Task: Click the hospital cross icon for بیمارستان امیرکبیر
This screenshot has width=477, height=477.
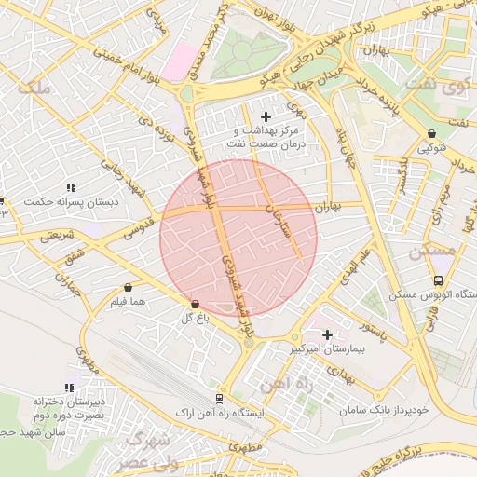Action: [327, 334]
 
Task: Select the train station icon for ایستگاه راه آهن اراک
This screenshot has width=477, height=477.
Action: [220, 398]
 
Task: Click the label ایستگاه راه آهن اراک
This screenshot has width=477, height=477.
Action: [220, 411]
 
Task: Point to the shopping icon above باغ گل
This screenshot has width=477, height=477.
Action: [195, 305]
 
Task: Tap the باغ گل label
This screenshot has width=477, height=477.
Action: [193, 319]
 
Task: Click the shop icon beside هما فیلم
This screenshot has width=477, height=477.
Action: [128, 288]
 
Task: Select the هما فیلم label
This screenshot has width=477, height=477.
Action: [128, 302]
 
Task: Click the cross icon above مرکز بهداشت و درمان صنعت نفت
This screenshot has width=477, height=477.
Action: [267, 116]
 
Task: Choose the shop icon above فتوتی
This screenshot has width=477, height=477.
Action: [431, 134]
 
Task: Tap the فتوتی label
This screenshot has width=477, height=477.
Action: [431, 148]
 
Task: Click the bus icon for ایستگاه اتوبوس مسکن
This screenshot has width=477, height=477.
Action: [438, 280]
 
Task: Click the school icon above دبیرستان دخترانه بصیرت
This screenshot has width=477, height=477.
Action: [69, 388]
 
